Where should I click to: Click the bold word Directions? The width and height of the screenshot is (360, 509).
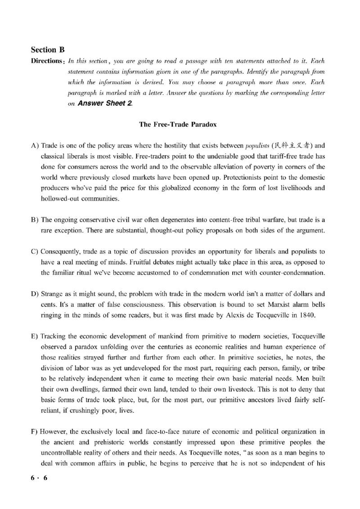[x=46, y=61]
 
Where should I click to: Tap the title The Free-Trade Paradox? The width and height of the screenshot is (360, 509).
[x=178, y=125]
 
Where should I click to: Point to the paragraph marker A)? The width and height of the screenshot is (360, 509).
[x=35, y=146]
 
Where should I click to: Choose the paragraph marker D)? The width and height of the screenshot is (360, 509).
[x=35, y=294]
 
